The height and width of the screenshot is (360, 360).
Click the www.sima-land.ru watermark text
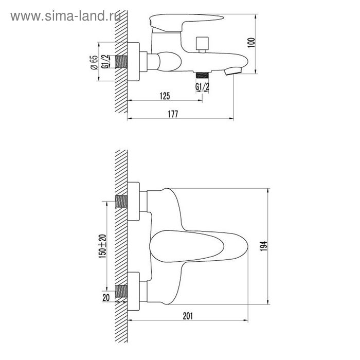pos(65,16)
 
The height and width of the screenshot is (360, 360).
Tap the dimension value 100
pos(252,43)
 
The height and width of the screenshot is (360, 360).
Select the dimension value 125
pos(165,96)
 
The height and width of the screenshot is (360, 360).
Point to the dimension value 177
pos(173,114)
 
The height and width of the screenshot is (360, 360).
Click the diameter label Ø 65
pos(94,62)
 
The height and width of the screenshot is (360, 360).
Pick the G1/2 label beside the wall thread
pos(105,62)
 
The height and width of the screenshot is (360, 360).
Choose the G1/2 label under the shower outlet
pos(202,87)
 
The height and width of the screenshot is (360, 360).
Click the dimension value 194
pos(263,246)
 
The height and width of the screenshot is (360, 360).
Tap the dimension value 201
pos(188,316)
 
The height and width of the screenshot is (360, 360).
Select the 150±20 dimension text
pos(102,246)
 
